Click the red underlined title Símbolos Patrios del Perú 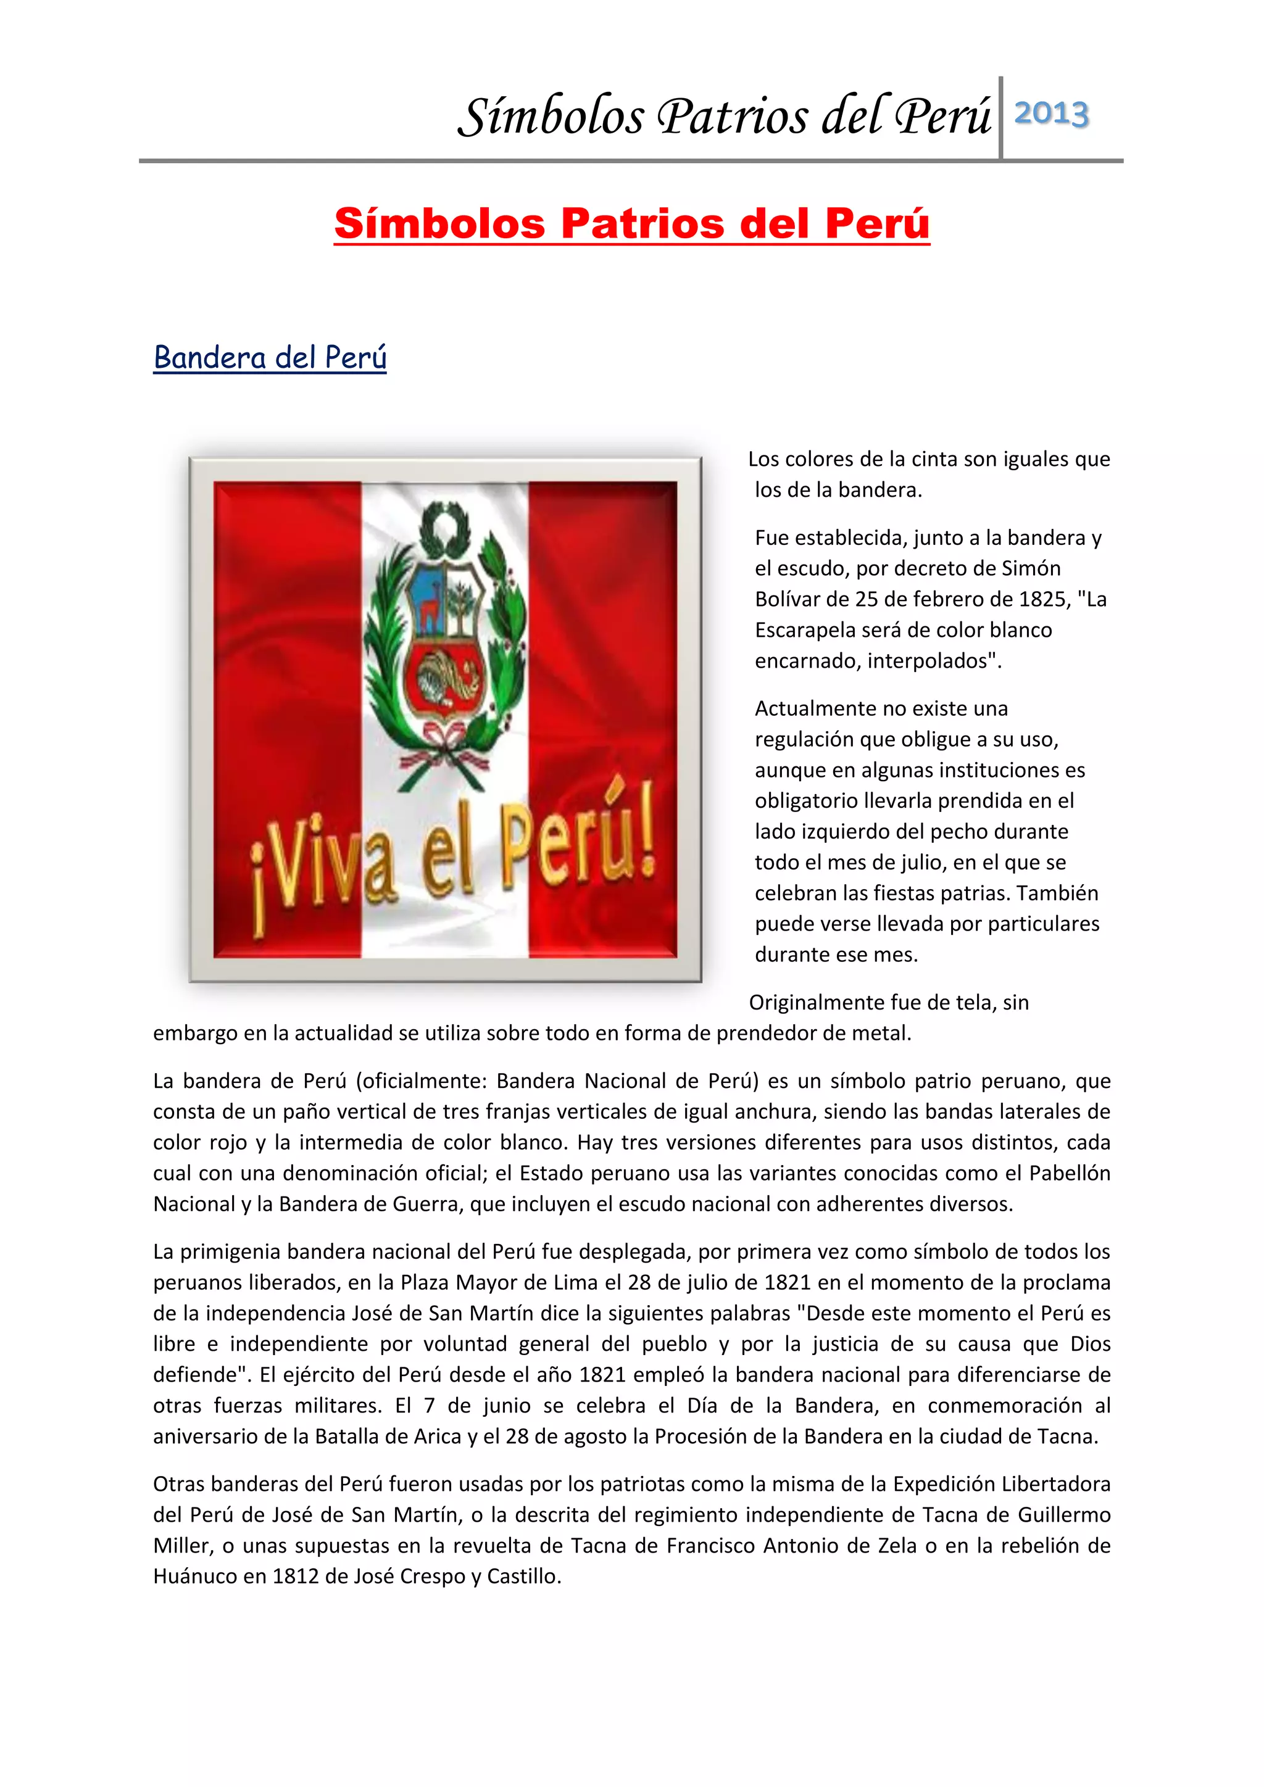(x=631, y=223)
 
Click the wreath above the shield (x=445, y=528)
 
